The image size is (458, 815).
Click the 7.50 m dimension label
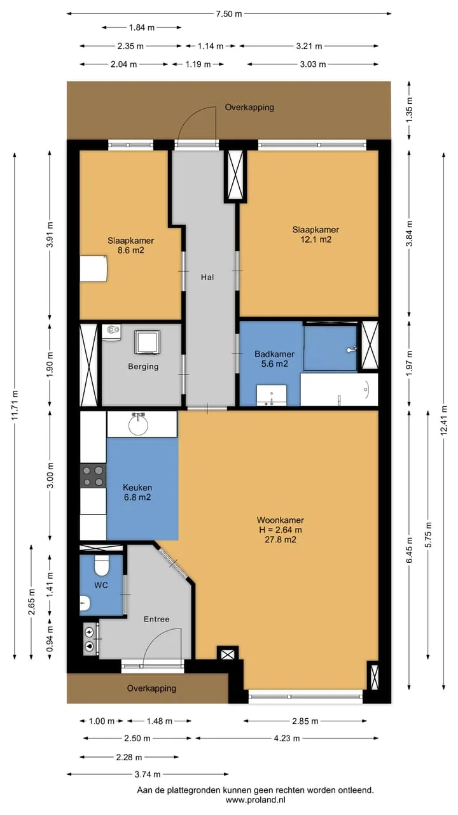pos(229,14)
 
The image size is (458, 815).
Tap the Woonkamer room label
pos(281,520)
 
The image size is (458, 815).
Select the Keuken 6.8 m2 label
pos(137,492)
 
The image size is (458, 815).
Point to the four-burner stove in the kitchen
pos(93,476)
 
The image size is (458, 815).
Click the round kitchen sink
pos(139,425)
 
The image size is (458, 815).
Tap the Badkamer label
pos(274,353)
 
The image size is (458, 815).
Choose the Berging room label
pos(143,366)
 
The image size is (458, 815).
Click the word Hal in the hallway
pos(207,277)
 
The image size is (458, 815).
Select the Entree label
pos(156,620)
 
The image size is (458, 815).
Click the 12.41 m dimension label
pos(443,420)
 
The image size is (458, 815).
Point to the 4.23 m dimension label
pos(287,738)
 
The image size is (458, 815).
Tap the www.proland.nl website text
pos(256,800)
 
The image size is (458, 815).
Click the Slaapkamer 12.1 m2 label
pos(316,234)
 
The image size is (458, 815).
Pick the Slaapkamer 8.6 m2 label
pos(131,245)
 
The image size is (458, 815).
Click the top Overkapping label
pos(249,108)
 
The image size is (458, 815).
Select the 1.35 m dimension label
pos(409,110)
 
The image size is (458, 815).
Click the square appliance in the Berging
pos(147,342)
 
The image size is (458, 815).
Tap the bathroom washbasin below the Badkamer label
pos(272,395)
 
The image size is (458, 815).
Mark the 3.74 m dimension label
pos(148,774)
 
